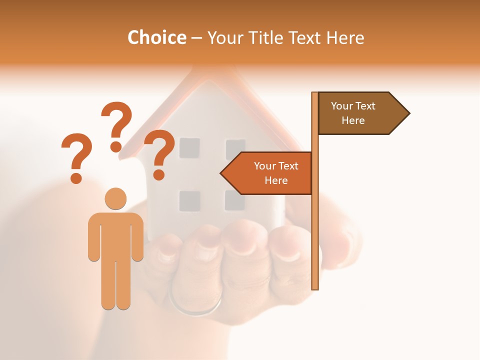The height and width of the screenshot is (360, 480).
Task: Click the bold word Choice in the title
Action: tap(156, 37)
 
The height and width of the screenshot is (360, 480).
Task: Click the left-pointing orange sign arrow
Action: tap(267, 173)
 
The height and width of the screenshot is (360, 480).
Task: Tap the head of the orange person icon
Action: tap(116, 198)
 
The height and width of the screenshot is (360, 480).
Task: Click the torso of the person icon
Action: tap(116, 235)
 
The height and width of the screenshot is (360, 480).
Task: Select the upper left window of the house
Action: tap(189, 148)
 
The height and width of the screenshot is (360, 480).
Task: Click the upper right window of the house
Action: tap(235, 149)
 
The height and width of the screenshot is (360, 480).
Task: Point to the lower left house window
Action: tap(189, 200)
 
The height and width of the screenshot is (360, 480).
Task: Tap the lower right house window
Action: tap(234, 200)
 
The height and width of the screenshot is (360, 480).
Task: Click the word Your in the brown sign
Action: tap(342, 106)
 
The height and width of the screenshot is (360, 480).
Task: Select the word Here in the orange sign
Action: tap(276, 180)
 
